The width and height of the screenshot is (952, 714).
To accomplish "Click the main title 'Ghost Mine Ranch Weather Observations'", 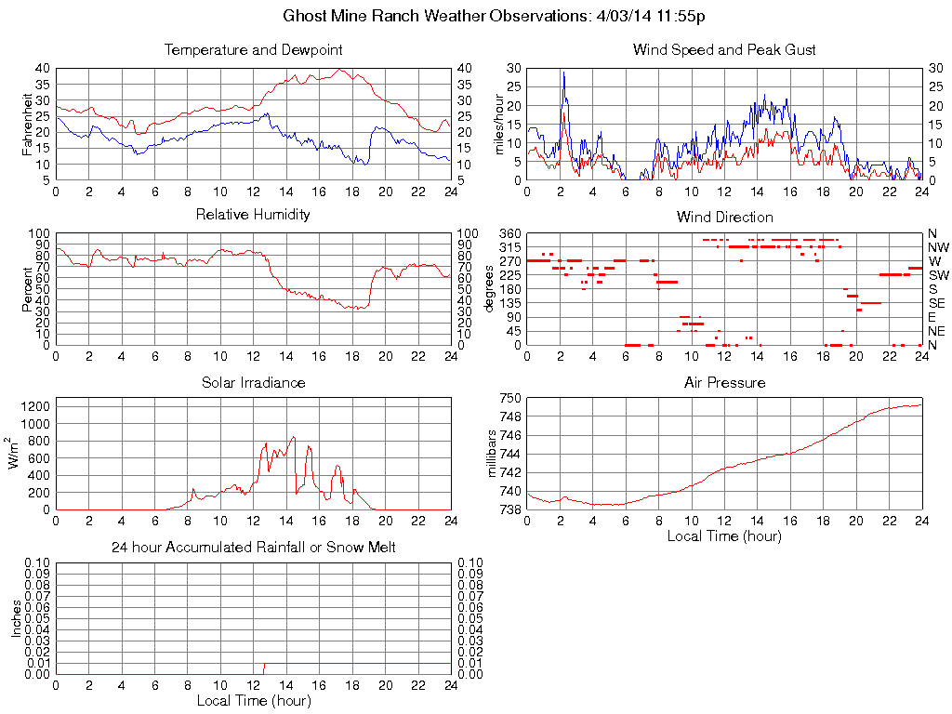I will coord(475,17).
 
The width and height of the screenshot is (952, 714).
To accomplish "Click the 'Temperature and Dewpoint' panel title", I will coord(253,49).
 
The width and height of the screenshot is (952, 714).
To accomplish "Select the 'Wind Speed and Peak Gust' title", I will coord(724,49).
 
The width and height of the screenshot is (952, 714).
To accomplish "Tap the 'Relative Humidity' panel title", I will coord(253,215).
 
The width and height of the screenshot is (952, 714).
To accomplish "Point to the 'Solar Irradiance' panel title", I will coord(253,382).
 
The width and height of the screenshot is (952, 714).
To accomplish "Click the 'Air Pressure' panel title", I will coord(724,382).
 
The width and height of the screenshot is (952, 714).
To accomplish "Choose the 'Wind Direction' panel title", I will coord(724,217).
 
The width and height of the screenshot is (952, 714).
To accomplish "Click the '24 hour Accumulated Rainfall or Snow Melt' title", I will coord(253,548).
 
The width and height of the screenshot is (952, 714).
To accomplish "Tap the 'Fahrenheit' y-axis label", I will coord(29,124).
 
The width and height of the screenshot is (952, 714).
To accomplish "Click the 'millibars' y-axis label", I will coord(494,455).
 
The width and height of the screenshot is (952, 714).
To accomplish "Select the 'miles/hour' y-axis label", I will coord(498,124).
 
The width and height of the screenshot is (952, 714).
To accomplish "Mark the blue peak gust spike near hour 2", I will coord(562,74).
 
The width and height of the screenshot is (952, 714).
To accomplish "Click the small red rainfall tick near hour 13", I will coord(264,668).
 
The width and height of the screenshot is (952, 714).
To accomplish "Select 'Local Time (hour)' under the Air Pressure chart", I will coord(724,535).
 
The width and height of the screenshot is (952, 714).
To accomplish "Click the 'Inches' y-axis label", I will coord(17,618).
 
